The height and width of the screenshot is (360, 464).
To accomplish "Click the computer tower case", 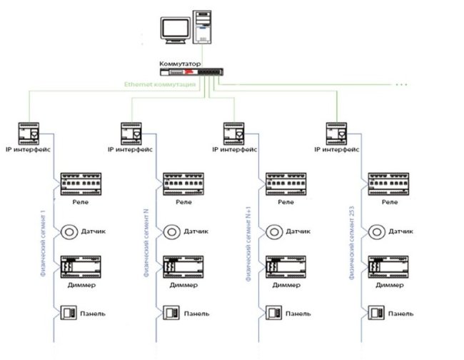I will (203, 28).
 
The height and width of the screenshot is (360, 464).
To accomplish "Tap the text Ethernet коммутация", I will (161, 84).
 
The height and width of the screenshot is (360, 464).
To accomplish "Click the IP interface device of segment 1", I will (29, 133).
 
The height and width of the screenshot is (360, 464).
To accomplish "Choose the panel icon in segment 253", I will (376, 313).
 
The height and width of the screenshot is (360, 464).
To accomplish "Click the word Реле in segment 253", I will (390, 202).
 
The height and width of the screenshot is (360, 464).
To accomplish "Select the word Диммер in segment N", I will (183, 285).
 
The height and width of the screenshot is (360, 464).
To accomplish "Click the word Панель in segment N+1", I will (299, 313).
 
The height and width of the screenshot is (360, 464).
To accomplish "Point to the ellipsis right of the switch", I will (401, 84).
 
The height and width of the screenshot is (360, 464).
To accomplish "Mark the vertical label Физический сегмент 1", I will (44, 239).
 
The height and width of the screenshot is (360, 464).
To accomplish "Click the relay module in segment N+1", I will (286, 184).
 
